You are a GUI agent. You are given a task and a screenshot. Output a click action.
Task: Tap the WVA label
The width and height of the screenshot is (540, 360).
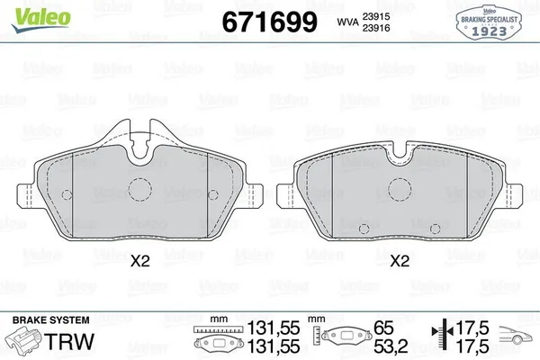click(348, 22)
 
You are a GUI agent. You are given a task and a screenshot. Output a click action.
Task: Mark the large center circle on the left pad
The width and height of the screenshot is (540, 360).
click(139, 189)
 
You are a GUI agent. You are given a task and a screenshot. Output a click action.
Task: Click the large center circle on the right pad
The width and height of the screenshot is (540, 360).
click(399, 190)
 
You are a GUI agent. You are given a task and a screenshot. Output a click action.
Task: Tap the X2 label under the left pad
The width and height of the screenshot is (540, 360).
click(139, 262)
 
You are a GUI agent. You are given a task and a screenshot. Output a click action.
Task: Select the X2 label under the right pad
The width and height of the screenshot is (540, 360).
click(400, 262)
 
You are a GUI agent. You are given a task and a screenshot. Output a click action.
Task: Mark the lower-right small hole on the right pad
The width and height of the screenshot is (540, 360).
click(436, 226)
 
